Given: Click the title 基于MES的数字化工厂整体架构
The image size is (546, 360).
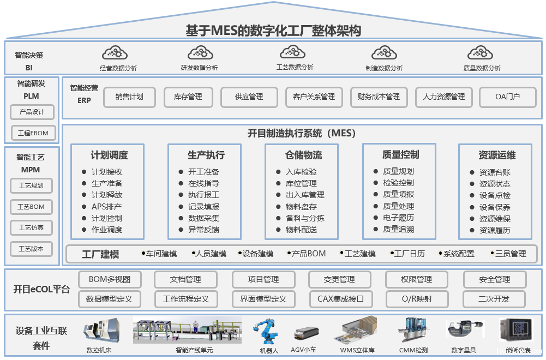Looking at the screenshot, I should [x=273, y=31].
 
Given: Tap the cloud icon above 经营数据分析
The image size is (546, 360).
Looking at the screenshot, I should [x=115, y=53].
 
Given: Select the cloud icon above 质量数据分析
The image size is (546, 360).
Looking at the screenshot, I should [x=481, y=53].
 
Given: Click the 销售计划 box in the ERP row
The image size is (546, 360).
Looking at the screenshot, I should [x=129, y=97].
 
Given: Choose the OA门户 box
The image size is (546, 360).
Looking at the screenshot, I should [x=507, y=97].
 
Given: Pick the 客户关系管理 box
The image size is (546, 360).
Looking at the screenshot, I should [x=314, y=97].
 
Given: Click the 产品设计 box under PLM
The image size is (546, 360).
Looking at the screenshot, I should [x=32, y=112].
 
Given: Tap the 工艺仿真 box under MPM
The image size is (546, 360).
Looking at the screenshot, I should [x=31, y=227].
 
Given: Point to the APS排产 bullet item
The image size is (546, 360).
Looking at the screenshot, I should [x=106, y=207].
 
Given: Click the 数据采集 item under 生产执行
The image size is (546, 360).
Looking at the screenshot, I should [x=203, y=218].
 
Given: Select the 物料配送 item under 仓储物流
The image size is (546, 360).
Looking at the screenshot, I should [x=301, y=230].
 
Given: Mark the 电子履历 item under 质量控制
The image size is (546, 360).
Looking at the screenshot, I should [x=398, y=218].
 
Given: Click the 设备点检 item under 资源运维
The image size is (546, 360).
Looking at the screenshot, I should [x=495, y=195].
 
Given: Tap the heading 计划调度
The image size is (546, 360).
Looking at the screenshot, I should [x=109, y=155].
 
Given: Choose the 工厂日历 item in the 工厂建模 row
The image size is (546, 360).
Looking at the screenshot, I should [x=409, y=254].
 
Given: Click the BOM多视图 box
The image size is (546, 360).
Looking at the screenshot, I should [x=110, y=279].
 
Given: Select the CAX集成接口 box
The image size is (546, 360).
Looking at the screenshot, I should [x=340, y=299].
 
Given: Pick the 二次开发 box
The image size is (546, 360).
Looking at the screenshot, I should [x=494, y=299].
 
